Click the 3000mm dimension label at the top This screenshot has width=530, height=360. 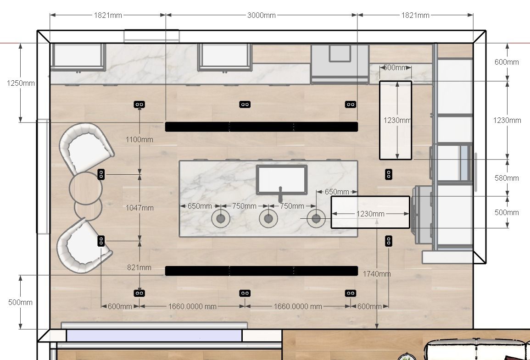pos(261,15)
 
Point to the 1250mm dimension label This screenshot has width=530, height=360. pos(21,83)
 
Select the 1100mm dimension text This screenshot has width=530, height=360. pos(139,139)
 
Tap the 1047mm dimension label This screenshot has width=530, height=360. pos(139,208)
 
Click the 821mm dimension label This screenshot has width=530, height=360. pos(139,267)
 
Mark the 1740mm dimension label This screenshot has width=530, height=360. pos(377,274)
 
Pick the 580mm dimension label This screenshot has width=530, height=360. pos(506,178)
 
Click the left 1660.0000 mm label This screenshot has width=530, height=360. pos(192,306)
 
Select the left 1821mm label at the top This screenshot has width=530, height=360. pos(108,15)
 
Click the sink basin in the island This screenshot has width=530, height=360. pos(282,179)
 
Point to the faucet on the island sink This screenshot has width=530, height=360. pos(280,194)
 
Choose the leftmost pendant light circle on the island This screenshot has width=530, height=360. pos(221,218)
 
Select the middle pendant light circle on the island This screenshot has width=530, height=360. pos(268,218)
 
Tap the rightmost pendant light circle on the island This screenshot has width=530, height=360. pos(316,218)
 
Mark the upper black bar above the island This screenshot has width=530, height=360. pos(261,127)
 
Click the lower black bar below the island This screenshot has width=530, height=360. pos(261,271)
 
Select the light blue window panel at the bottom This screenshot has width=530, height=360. pos(154,336)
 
